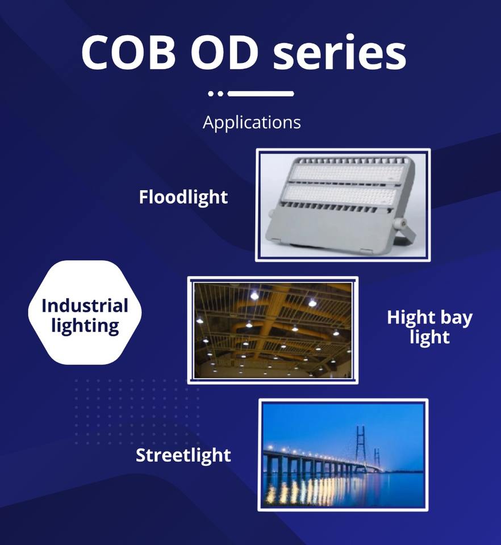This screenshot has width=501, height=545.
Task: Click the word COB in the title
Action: click(x=128, y=52)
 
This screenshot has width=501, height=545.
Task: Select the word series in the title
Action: click(x=340, y=52)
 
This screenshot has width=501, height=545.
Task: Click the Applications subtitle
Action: click(x=252, y=123)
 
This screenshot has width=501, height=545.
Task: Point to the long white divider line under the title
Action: click(x=261, y=94)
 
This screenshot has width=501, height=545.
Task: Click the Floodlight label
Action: click(x=183, y=197)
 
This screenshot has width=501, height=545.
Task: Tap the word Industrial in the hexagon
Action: click(x=85, y=306)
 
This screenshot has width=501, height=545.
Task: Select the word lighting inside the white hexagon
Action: click(x=85, y=326)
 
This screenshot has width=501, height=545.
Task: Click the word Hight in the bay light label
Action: click(x=411, y=318)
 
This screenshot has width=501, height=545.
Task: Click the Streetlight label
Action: click(x=183, y=455)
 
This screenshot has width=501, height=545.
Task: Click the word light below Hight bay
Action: click(x=430, y=337)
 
